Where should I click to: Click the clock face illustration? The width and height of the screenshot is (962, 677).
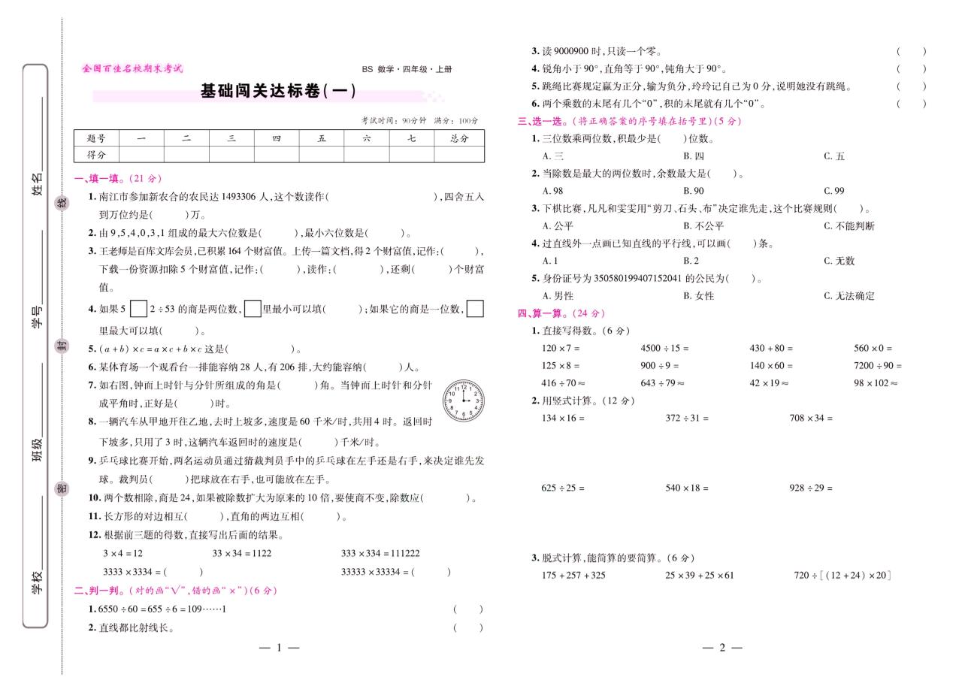(x=463, y=400)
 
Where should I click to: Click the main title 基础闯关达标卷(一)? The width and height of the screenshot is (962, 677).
(x=277, y=92)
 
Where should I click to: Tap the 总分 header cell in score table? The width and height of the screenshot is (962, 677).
(x=459, y=138)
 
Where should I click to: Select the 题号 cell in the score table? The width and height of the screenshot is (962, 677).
(x=96, y=138)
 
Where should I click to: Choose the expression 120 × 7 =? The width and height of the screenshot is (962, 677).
(x=561, y=349)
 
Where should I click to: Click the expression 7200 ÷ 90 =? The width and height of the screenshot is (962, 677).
(x=877, y=366)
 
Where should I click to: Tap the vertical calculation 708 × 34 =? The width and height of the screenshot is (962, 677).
(x=811, y=418)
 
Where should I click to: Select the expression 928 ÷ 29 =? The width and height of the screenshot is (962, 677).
(x=811, y=488)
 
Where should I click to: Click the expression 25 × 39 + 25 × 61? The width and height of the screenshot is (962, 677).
(x=700, y=576)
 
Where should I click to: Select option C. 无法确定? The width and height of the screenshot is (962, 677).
(x=849, y=296)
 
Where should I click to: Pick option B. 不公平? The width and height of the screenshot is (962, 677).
(x=703, y=226)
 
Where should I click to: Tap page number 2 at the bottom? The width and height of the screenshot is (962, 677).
(x=721, y=648)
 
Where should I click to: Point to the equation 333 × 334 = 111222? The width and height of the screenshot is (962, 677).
(x=380, y=554)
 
